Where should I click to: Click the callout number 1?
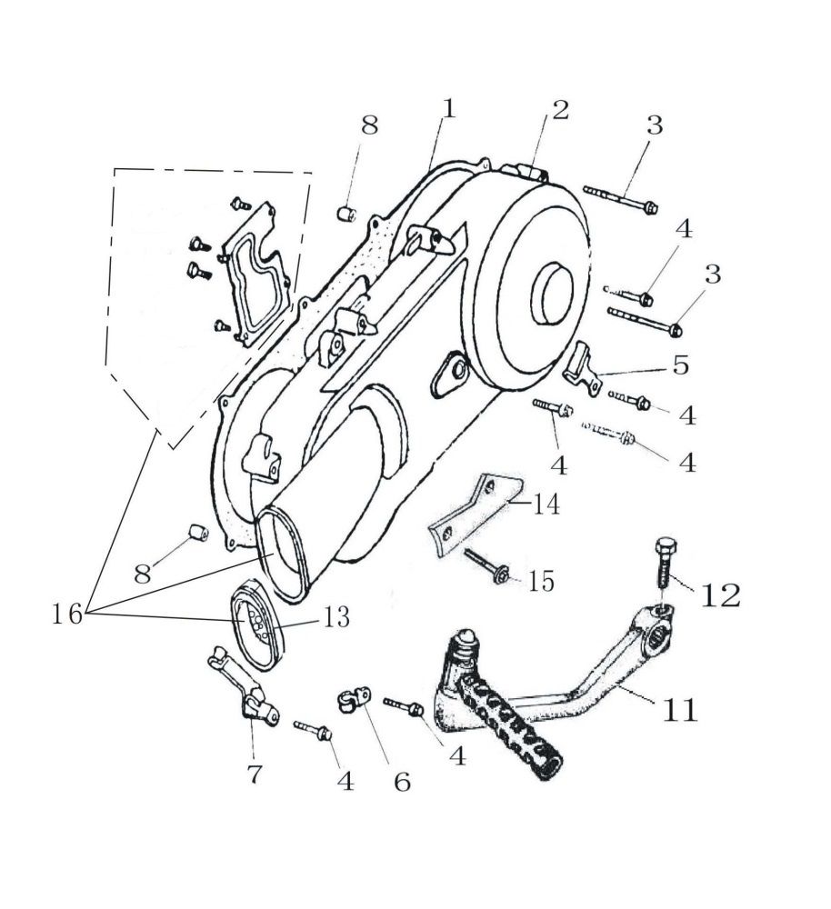(448, 108)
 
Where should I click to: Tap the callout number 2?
(559, 110)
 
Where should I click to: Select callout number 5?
(680, 365)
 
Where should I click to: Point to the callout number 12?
(721, 594)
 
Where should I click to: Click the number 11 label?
(679, 709)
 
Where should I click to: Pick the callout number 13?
(336, 618)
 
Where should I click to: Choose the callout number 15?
(540, 581)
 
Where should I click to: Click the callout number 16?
(67, 614)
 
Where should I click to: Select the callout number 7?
(255, 774)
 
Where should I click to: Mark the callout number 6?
(402, 781)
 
